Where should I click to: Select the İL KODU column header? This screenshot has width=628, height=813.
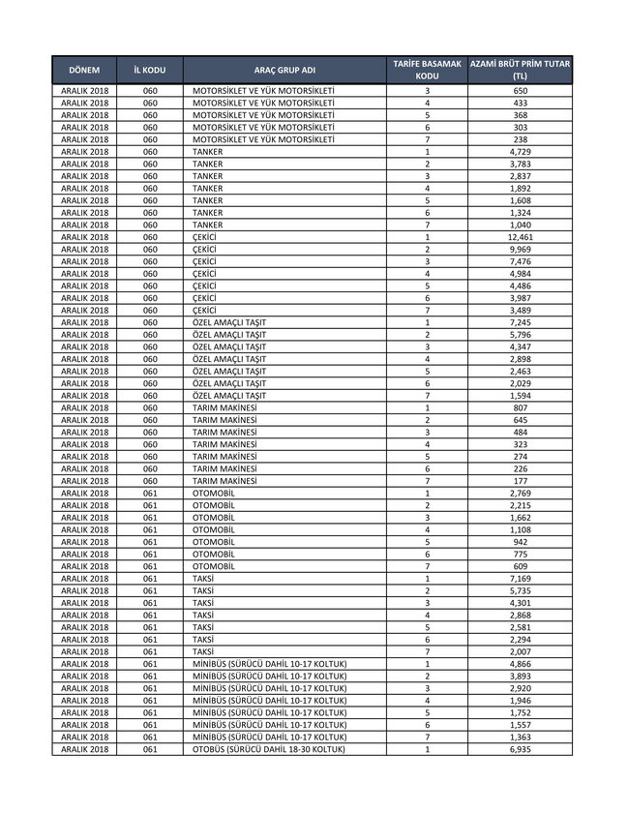[149, 71]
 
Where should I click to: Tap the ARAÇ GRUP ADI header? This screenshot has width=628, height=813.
[284, 71]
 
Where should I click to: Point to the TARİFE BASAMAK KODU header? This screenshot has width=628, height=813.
[427, 70]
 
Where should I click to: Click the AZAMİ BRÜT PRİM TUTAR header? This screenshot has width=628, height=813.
[520, 70]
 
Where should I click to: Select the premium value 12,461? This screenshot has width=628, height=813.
[520, 237]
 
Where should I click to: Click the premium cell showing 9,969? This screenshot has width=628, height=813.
[520, 250]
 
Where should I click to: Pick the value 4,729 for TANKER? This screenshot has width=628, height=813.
[520, 152]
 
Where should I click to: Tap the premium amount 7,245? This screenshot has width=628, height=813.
[520, 322]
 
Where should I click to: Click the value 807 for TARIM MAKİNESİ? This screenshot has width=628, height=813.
[520, 407]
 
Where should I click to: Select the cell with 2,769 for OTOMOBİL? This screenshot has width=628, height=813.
[520, 493]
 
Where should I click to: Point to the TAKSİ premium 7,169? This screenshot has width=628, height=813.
[520, 578]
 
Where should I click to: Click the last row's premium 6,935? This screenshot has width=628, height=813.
[520, 749]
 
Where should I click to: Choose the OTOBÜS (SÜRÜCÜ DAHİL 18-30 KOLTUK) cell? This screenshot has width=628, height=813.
[269, 749]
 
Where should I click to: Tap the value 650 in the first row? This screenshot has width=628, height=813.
[520, 90]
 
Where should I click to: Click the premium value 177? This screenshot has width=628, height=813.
[520, 481]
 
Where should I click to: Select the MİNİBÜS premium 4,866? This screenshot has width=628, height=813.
[520, 664]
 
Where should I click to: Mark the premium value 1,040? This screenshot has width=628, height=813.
[520, 225]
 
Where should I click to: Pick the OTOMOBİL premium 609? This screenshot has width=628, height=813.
[520, 566]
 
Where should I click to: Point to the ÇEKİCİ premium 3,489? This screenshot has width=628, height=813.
[520, 310]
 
